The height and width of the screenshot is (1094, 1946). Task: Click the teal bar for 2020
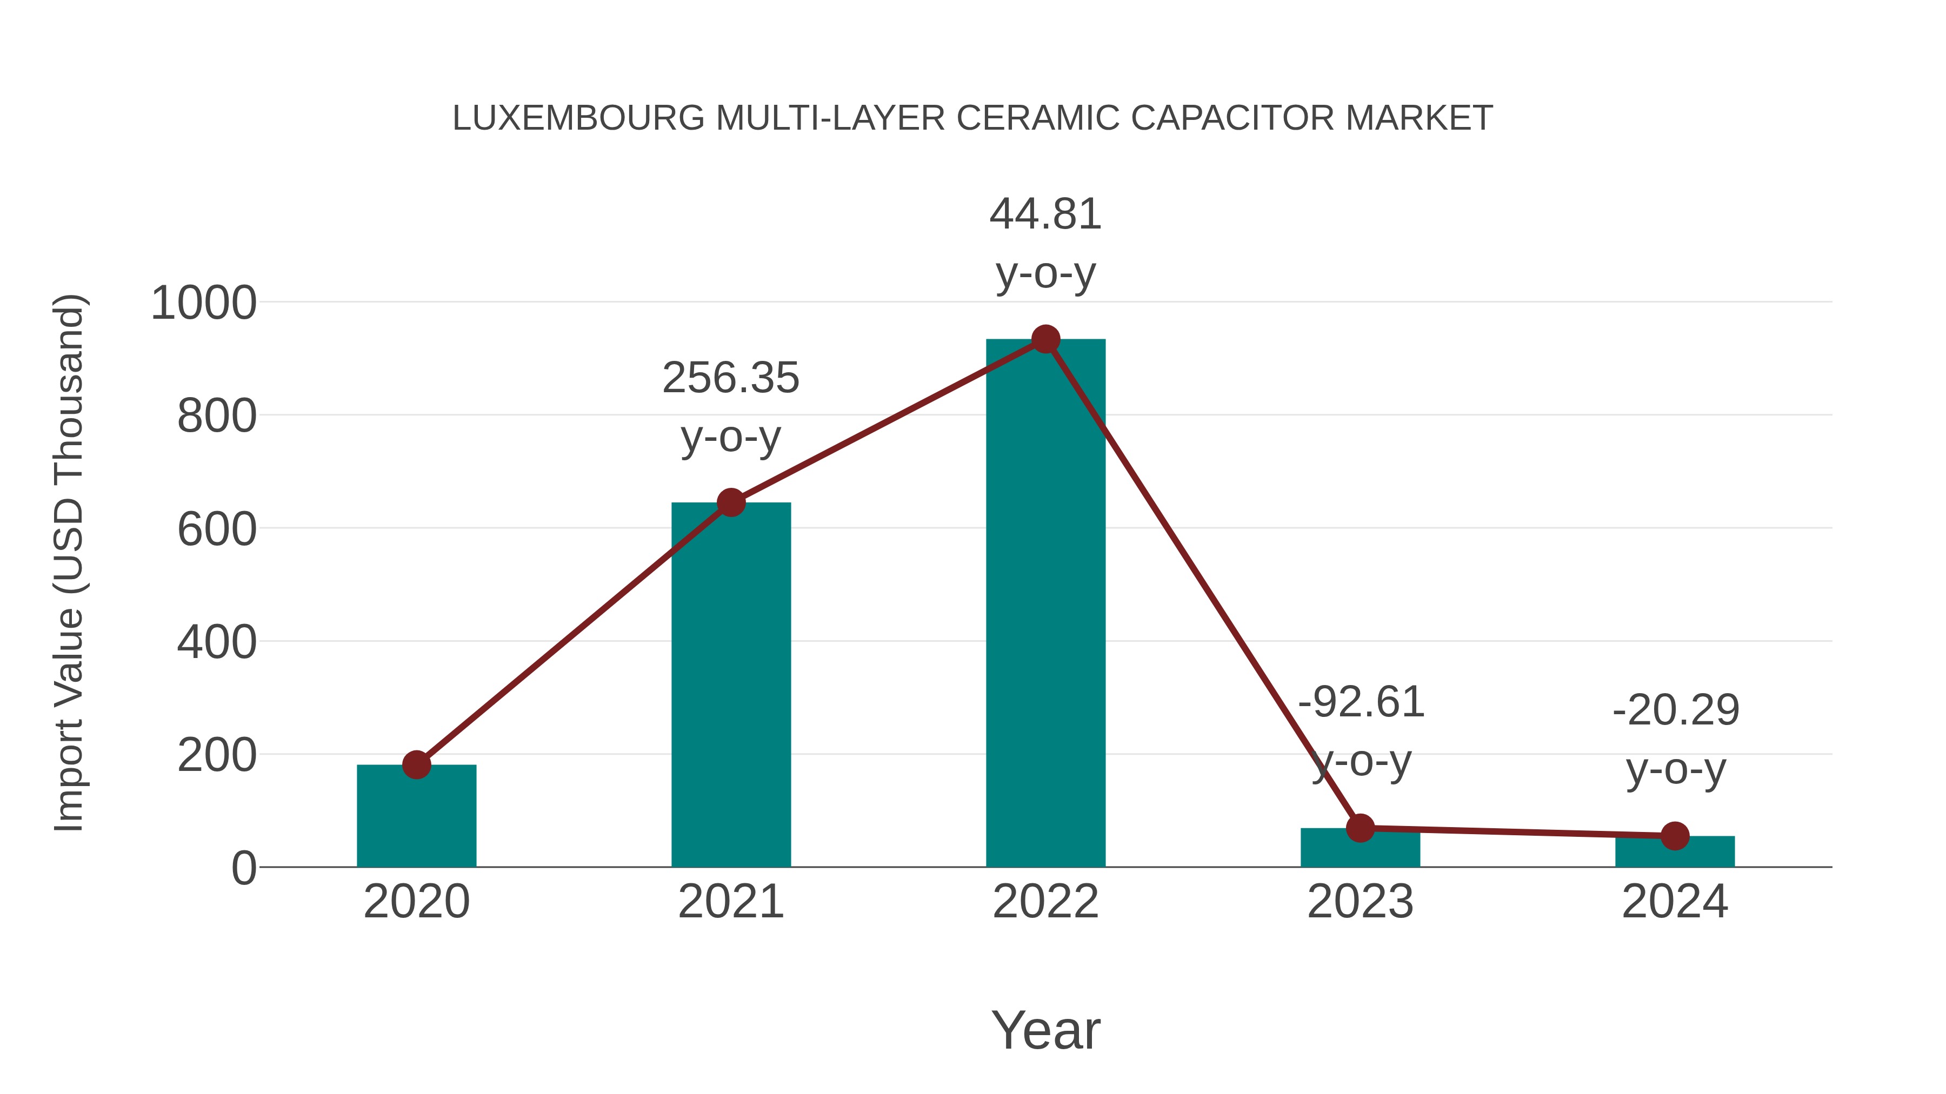click(416, 819)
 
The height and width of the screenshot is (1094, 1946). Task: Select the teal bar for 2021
click(730, 687)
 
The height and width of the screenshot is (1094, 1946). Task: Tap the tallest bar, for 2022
click(1045, 604)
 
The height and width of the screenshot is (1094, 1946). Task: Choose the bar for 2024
click(1675, 853)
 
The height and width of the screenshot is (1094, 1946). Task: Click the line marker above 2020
click(416, 765)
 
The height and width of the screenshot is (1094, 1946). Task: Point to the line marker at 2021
click(730, 503)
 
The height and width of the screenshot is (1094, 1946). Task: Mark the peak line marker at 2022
click(1045, 340)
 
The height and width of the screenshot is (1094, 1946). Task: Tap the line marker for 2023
click(1360, 828)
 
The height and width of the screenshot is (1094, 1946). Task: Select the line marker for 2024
click(1675, 836)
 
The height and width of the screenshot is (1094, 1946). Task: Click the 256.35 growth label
click(730, 378)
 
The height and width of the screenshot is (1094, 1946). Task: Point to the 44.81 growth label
click(1045, 214)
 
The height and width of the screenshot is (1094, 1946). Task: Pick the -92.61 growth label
click(1361, 703)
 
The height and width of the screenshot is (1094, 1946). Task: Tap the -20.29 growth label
click(1676, 710)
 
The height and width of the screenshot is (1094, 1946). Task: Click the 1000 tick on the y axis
click(204, 304)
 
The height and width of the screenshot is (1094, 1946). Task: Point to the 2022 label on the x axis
click(1045, 902)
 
